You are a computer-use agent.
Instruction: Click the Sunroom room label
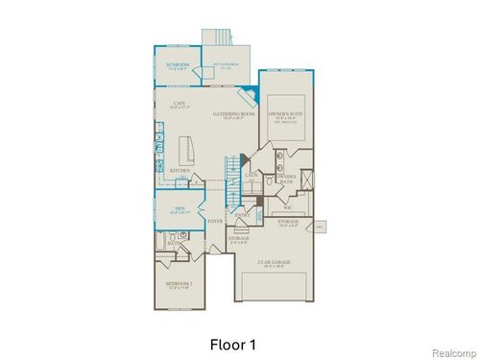[177, 65]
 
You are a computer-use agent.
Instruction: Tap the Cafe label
[179, 104]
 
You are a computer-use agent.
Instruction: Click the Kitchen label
[180, 171]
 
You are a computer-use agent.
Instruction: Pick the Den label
[179, 207]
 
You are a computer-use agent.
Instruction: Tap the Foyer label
[215, 221]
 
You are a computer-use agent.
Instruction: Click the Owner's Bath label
[285, 179]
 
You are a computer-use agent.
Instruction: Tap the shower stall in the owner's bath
[306, 180]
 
